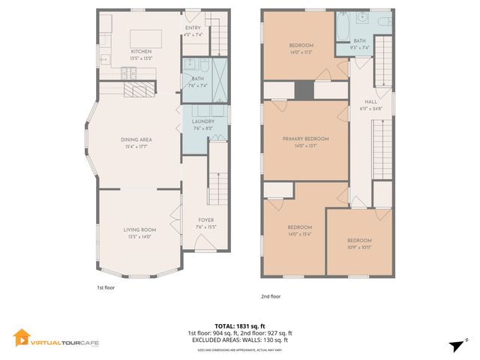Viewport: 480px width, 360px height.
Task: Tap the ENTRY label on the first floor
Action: click(x=193, y=27)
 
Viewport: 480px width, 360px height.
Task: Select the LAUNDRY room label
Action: click(x=203, y=121)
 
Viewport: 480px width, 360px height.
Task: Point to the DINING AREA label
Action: click(x=136, y=139)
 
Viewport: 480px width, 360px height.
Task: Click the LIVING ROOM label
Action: click(x=139, y=229)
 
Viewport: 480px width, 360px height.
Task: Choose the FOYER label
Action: click(x=205, y=220)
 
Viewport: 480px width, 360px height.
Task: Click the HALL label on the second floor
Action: click(x=370, y=101)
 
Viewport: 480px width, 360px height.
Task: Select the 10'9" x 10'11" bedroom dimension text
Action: click(x=359, y=247)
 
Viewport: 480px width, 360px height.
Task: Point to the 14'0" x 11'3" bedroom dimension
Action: click(x=300, y=52)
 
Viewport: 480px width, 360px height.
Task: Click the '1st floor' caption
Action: click(x=106, y=287)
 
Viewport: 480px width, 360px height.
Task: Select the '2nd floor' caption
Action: click(x=270, y=296)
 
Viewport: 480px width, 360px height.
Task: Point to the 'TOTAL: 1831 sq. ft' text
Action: click(x=240, y=325)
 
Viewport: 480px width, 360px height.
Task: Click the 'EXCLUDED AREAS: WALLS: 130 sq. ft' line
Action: click(x=240, y=340)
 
